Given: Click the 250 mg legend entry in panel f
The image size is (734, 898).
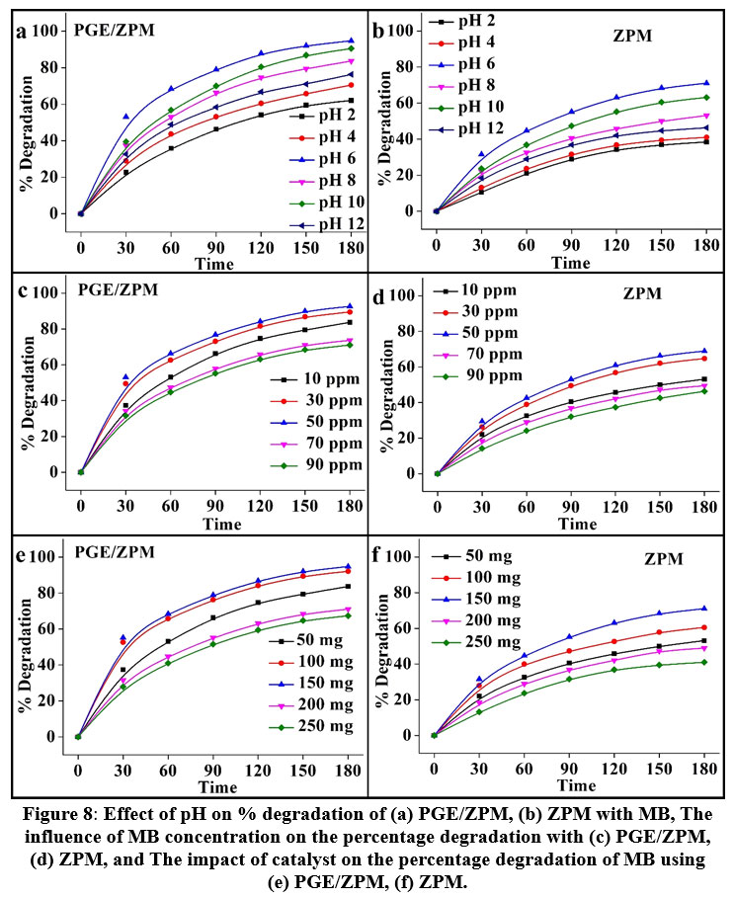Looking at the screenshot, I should tap(480, 642).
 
